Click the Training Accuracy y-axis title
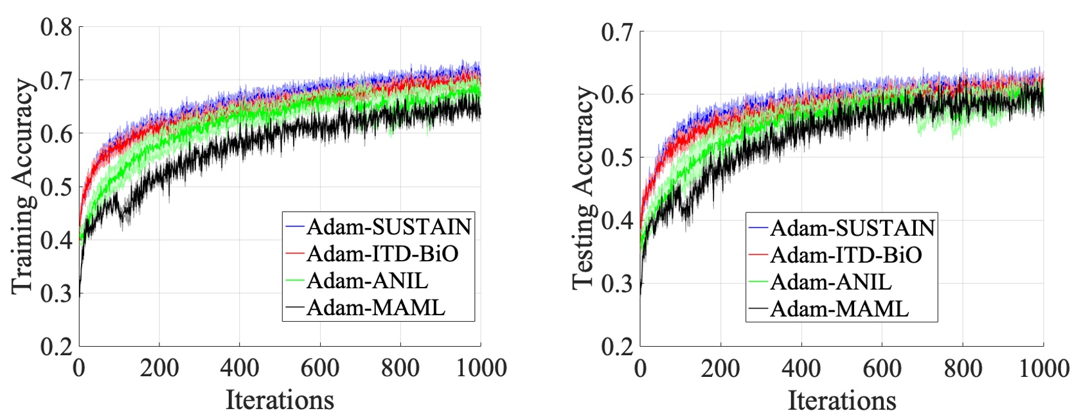pos(22,186)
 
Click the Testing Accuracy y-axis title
pos(584,187)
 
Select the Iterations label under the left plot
pos(280,399)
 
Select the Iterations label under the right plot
pos(841,400)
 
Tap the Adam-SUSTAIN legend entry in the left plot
pos(389,227)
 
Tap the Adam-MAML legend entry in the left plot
pos(375,308)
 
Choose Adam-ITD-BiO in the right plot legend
pos(845,255)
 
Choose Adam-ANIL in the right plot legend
pos(830,282)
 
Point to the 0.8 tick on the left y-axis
pos(56,28)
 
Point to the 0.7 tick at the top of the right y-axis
pos(617,32)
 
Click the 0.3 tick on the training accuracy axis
pos(56,293)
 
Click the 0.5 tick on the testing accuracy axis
pos(617,157)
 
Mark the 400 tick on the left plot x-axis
pos(239,368)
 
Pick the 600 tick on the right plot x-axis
pos(882,369)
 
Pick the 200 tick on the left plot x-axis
pos(159,368)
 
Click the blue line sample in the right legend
pos(758,228)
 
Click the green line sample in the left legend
pos(295,281)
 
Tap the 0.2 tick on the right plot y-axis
pos(617,347)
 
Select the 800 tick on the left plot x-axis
pos(400,368)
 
